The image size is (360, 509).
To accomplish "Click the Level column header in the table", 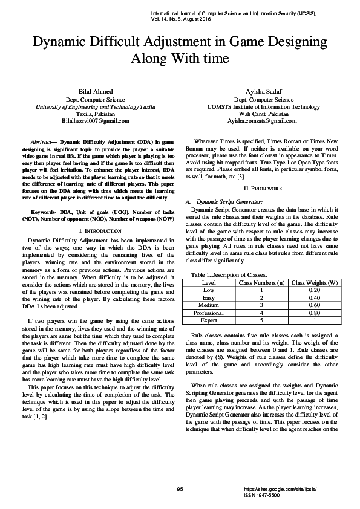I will click(x=209, y=282).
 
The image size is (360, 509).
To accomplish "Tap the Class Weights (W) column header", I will click(x=315, y=282).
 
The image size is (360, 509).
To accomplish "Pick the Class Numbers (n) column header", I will click(x=262, y=282).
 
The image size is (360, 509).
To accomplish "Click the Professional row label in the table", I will click(x=209, y=313).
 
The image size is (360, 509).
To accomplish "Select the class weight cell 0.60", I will click(x=315, y=305).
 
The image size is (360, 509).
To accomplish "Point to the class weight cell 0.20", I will click(x=315, y=290).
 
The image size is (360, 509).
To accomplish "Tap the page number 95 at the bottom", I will click(x=179, y=488).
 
